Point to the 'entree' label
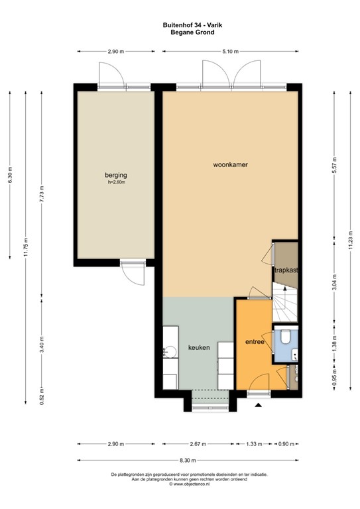(x=255, y=343)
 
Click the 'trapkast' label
(x=286, y=270)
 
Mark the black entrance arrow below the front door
(x=258, y=404)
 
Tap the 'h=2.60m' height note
(x=116, y=182)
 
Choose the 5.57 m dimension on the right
(x=335, y=164)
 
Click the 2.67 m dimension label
(x=196, y=443)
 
